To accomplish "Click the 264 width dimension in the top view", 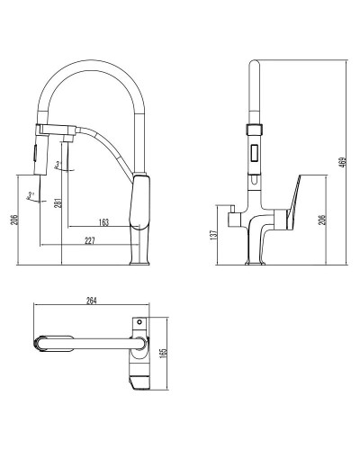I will tap(90, 301).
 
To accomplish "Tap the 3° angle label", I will tap(58, 164).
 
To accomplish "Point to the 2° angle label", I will tap(31, 194).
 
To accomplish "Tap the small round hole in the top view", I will tap(139, 319).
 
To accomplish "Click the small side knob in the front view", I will tap(233, 218).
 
